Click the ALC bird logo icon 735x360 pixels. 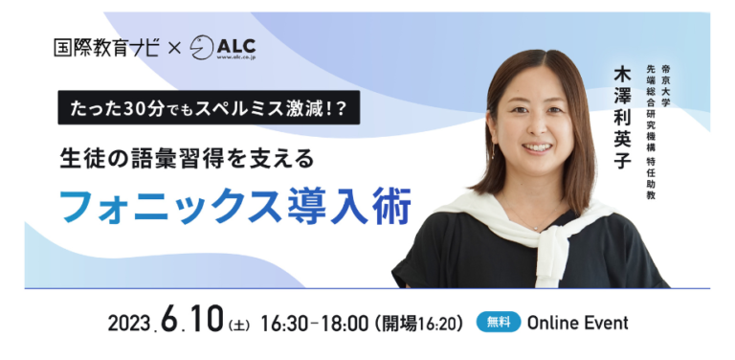pyautogui.click(x=202, y=48)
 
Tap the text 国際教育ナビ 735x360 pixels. pyautogui.click(x=106, y=48)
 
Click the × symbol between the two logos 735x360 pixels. pyautogui.click(x=174, y=49)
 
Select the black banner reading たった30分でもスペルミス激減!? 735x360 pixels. pyautogui.click(x=209, y=107)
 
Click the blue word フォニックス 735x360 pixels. pyautogui.click(x=169, y=205)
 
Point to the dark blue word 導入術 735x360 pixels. pyautogui.click(x=346, y=205)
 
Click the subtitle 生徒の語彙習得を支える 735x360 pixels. pyautogui.click(x=187, y=159)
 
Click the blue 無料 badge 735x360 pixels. pyautogui.click(x=499, y=322)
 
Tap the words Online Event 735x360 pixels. pyautogui.click(x=577, y=323)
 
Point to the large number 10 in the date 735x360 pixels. pyautogui.click(x=207, y=320)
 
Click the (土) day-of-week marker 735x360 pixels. pyautogui.click(x=238, y=325)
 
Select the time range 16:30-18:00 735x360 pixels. pyautogui.click(x=314, y=323)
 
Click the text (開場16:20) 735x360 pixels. pyautogui.click(x=418, y=323)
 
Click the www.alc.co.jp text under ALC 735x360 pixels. pyautogui.click(x=235, y=58)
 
